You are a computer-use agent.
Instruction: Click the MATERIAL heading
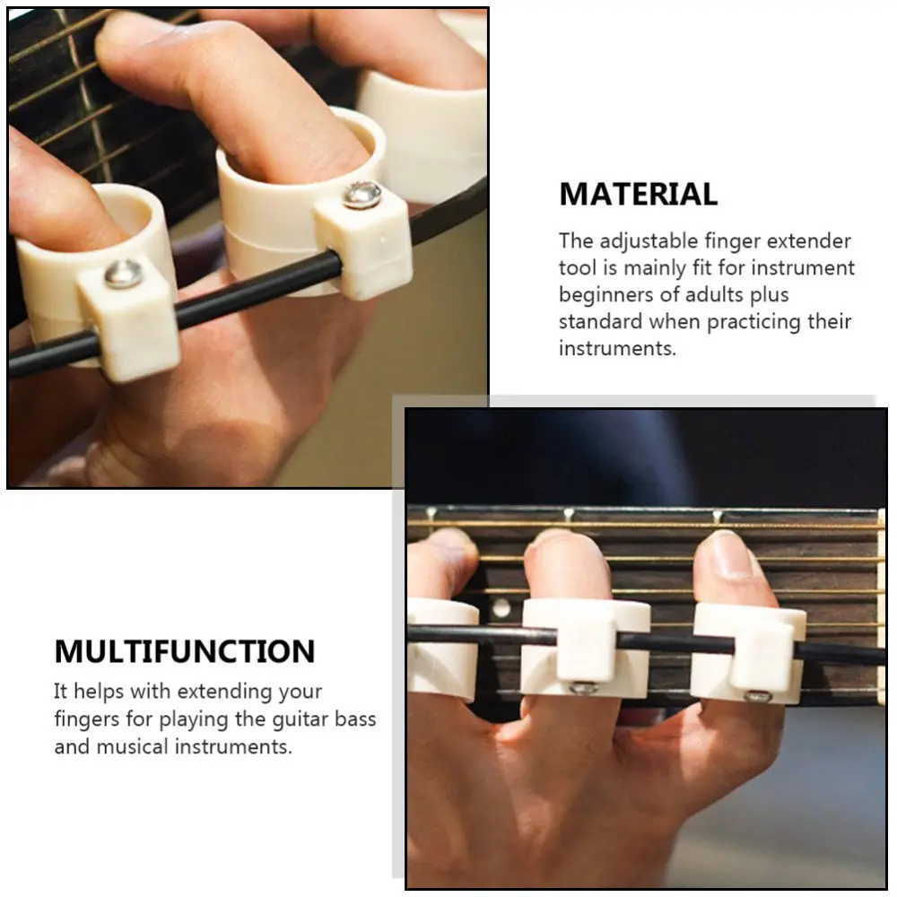[638, 194]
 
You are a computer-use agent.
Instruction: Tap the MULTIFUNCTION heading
[185, 651]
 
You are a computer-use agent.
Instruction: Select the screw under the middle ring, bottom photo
[585, 689]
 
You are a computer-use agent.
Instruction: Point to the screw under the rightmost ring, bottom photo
[759, 696]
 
